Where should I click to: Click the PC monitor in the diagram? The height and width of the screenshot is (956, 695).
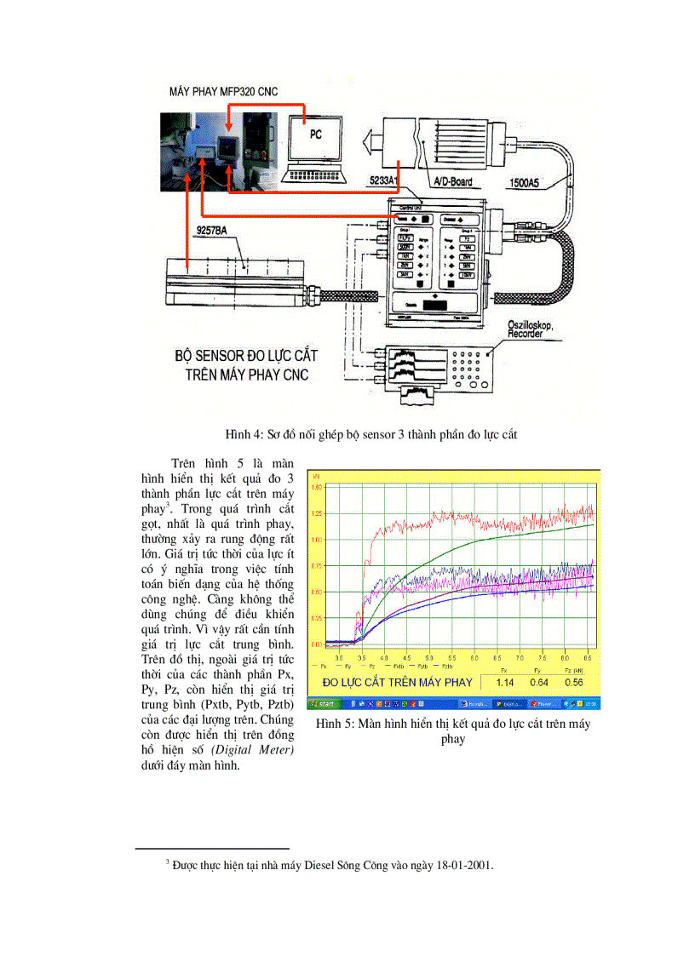pos(314,137)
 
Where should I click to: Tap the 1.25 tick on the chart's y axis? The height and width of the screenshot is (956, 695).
pos(316,513)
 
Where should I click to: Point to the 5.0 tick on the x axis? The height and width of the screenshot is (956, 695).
pos(428,658)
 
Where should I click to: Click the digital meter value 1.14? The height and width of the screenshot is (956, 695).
pos(505,683)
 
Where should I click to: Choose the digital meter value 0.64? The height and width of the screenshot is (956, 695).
pos(540,683)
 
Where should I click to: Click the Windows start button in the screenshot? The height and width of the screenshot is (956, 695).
pos(325,704)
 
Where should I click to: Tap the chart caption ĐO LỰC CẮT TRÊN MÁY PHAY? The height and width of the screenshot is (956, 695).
pos(397,683)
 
